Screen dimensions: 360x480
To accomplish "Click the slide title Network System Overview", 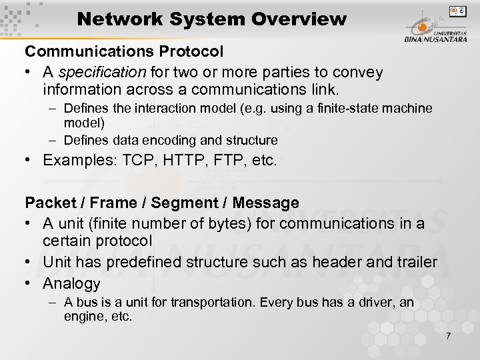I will point(211,19).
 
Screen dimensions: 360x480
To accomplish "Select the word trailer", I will point(413,262).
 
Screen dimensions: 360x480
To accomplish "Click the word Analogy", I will point(71,283).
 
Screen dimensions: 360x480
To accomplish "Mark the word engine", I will point(84,317).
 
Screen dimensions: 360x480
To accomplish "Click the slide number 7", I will point(448,335).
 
